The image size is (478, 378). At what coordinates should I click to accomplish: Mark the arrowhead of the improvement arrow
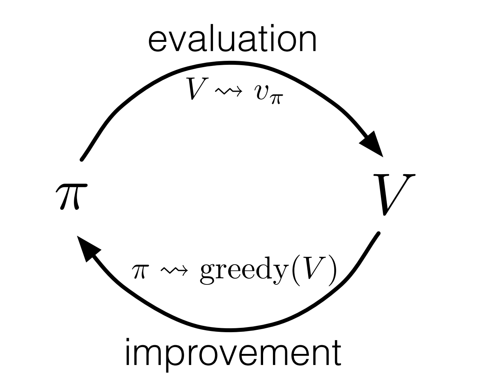pyautogui.click(x=88, y=248)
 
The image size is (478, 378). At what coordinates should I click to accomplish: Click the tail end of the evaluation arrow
pyautogui.click(x=81, y=159)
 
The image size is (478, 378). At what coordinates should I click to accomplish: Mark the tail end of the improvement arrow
pyautogui.click(x=378, y=234)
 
